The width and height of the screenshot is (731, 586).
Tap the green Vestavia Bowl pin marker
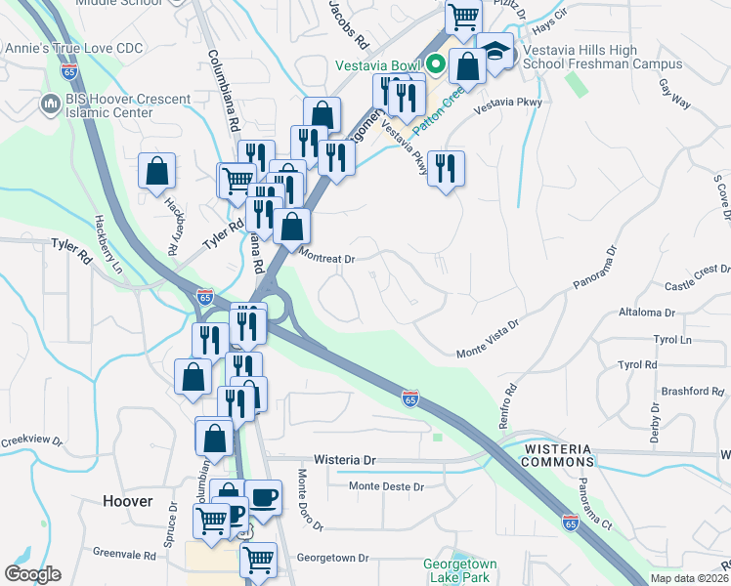[x=436, y=65]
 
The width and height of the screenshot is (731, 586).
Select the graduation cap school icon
[x=495, y=52]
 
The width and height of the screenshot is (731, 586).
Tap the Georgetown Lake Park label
[x=460, y=570]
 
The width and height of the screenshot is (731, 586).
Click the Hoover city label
[x=128, y=501]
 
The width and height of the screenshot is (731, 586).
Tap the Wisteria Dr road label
[x=344, y=459]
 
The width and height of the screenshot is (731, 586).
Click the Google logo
[x=32, y=574]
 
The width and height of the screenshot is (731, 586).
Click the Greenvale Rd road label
[x=124, y=556]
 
